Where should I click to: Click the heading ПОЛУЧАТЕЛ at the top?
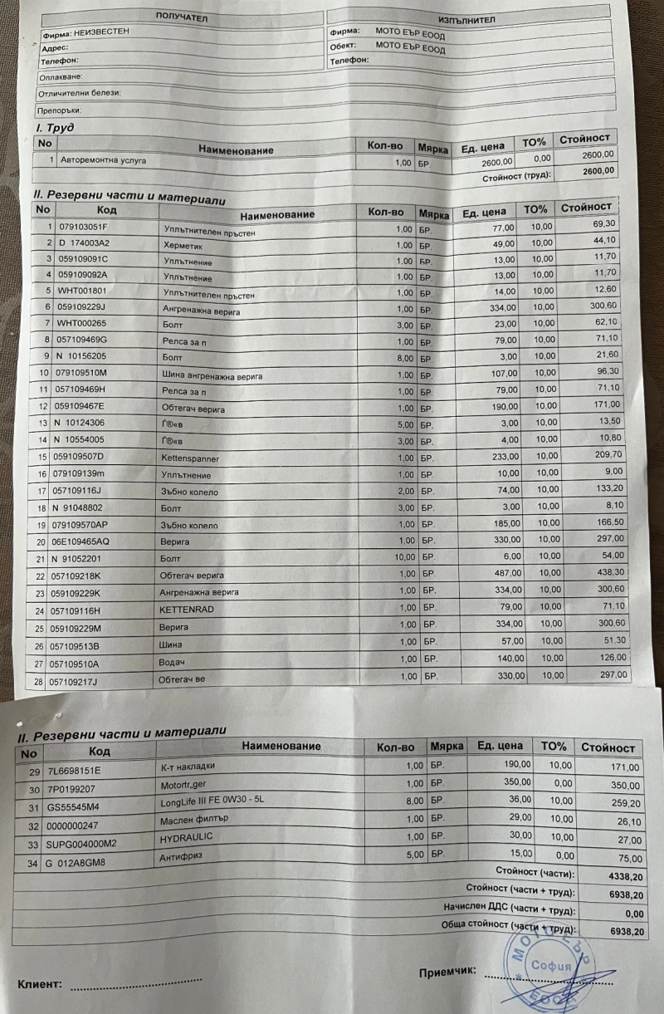[182, 17]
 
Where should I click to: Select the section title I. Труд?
[56, 128]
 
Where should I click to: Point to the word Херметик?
[182, 243]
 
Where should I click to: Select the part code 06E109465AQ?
[94, 541]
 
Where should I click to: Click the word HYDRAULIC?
[188, 840]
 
